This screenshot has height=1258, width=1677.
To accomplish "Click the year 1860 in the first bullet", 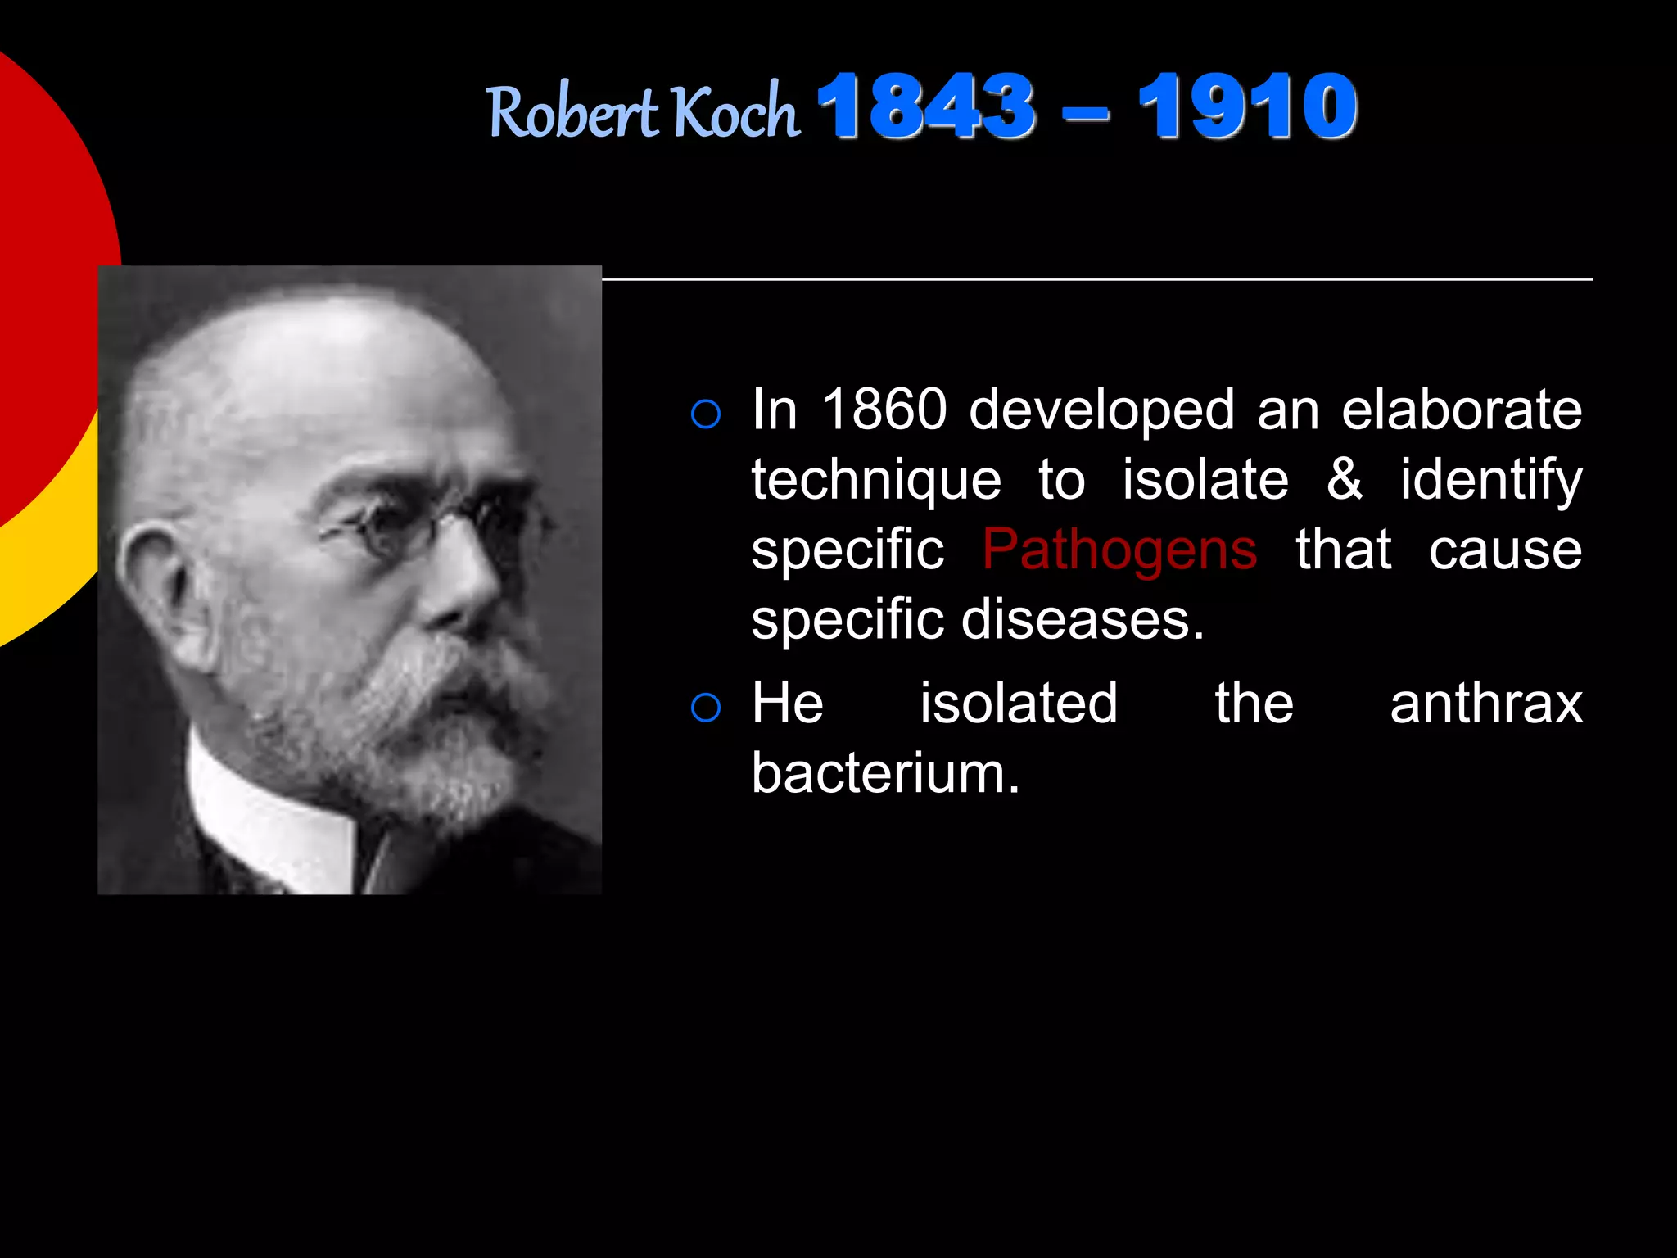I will [x=884, y=409].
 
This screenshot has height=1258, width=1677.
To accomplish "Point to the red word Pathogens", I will [x=1119, y=550].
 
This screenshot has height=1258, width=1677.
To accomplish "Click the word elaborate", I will [x=1462, y=409].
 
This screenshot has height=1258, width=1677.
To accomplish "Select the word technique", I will [x=876, y=480].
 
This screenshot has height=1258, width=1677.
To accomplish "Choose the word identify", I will [x=1491, y=480].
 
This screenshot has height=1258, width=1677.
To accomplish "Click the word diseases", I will [x=1083, y=619].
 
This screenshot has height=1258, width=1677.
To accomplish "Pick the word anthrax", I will [x=1486, y=704].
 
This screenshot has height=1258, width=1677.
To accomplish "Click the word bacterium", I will [x=885, y=773].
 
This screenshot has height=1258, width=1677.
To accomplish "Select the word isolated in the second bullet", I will [x=1019, y=704].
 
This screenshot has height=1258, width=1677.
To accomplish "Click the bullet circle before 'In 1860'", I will [x=706, y=414].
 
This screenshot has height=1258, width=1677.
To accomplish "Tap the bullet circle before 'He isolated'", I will [x=706, y=708].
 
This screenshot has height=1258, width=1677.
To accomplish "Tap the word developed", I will [x=1101, y=410].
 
